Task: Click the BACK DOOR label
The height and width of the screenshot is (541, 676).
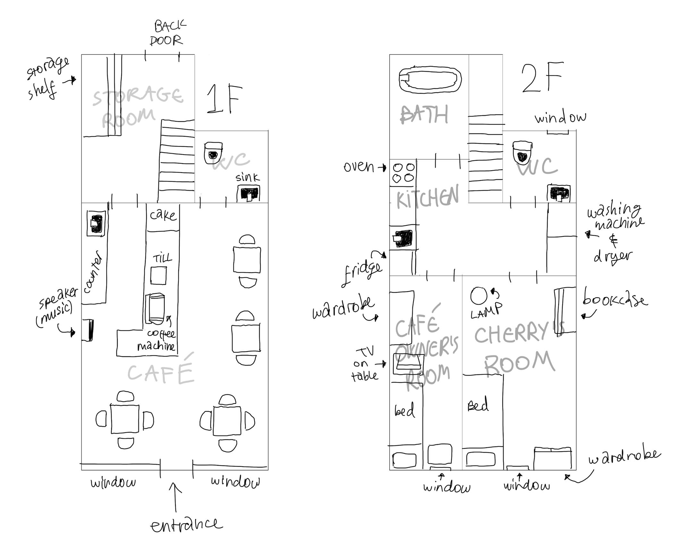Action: [x=167, y=33]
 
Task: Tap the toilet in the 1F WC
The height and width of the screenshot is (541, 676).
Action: [x=213, y=153]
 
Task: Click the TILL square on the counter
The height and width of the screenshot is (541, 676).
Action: [x=158, y=275]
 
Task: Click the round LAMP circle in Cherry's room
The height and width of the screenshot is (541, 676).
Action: [x=479, y=296]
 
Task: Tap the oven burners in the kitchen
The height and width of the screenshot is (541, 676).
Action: [x=403, y=173]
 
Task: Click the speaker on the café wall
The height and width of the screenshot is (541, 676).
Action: [x=88, y=330]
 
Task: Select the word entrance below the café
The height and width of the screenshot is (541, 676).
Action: [x=186, y=525]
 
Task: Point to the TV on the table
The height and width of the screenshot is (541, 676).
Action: [x=408, y=364]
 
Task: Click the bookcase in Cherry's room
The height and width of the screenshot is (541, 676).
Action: [x=565, y=310]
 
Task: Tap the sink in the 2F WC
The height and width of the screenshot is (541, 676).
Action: [x=559, y=193]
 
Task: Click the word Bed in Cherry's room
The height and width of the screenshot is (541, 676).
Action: [x=478, y=405]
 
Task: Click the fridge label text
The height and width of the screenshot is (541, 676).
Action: [x=362, y=272]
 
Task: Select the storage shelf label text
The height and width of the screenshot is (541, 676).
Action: [x=46, y=79]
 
